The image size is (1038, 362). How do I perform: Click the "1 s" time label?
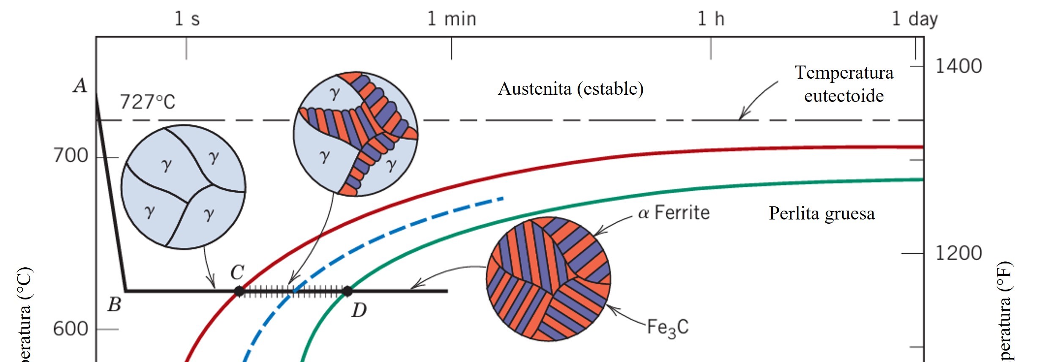pyautogui.click(x=187, y=19)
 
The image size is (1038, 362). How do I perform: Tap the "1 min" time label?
pyautogui.click(x=452, y=19)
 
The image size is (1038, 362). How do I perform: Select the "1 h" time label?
pyautogui.click(x=711, y=19)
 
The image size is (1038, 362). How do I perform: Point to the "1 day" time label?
pyautogui.click(x=915, y=19)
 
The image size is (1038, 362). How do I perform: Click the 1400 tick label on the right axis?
pyautogui.click(x=959, y=66)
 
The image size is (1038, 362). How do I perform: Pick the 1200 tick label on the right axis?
pyautogui.click(x=959, y=253)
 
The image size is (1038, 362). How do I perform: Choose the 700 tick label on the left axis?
pyautogui.click(x=71, y=156)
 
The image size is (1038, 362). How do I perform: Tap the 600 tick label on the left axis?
pyautogui.click(x=71, y=329)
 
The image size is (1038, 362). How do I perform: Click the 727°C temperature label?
pyautogui.click(x=148, y=102)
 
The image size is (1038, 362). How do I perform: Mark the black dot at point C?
pyautogui.click(x=239, y=291)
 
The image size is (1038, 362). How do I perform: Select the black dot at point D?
pyautogui.click(x=347, y=291)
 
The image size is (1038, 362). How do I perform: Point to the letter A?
pyautogui.click(x=80, y=86)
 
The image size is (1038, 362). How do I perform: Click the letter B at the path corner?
pyautogui.click(x=114, y=304)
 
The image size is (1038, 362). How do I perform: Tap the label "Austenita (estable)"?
pyautogui.click(x=570, y=89)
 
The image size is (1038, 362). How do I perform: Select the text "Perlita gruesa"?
pyautogui.click(x=822, y=214)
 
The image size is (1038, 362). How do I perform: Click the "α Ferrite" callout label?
pyautogui.click(x=674, y=213)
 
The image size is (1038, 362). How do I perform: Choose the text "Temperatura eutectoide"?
pyautogui.click(x=844, y=84)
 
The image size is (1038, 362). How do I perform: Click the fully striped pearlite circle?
pyautogui.click(x=548, y=279)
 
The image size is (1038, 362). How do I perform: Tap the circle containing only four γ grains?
pyautogui.click(x=183, y=187)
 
